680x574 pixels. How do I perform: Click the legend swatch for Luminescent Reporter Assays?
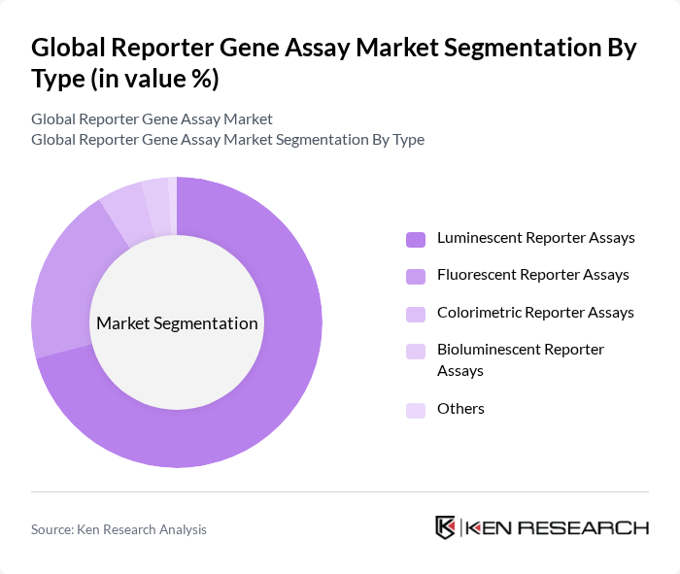pos(416,239)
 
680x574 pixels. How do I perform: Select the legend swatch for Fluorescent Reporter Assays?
pos(416,276)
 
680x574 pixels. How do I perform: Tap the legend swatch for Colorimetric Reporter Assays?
pos(416,314)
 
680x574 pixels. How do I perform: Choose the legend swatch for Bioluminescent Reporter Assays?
pos(416,351)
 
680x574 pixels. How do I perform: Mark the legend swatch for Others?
pos(416,410)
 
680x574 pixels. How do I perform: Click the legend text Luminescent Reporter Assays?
pos(535,238)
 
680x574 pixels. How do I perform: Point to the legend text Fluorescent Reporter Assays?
pos(532,275)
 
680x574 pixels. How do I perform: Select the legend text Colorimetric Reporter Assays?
pos(535,313)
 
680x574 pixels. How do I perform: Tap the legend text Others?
pos(460,409)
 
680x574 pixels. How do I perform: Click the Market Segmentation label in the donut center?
pos(177,323)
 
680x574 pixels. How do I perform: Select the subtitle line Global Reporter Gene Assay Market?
pos(152,119)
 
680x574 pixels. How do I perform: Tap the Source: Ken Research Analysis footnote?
pos(119,529)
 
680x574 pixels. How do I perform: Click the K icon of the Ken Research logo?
pos(446,527)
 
